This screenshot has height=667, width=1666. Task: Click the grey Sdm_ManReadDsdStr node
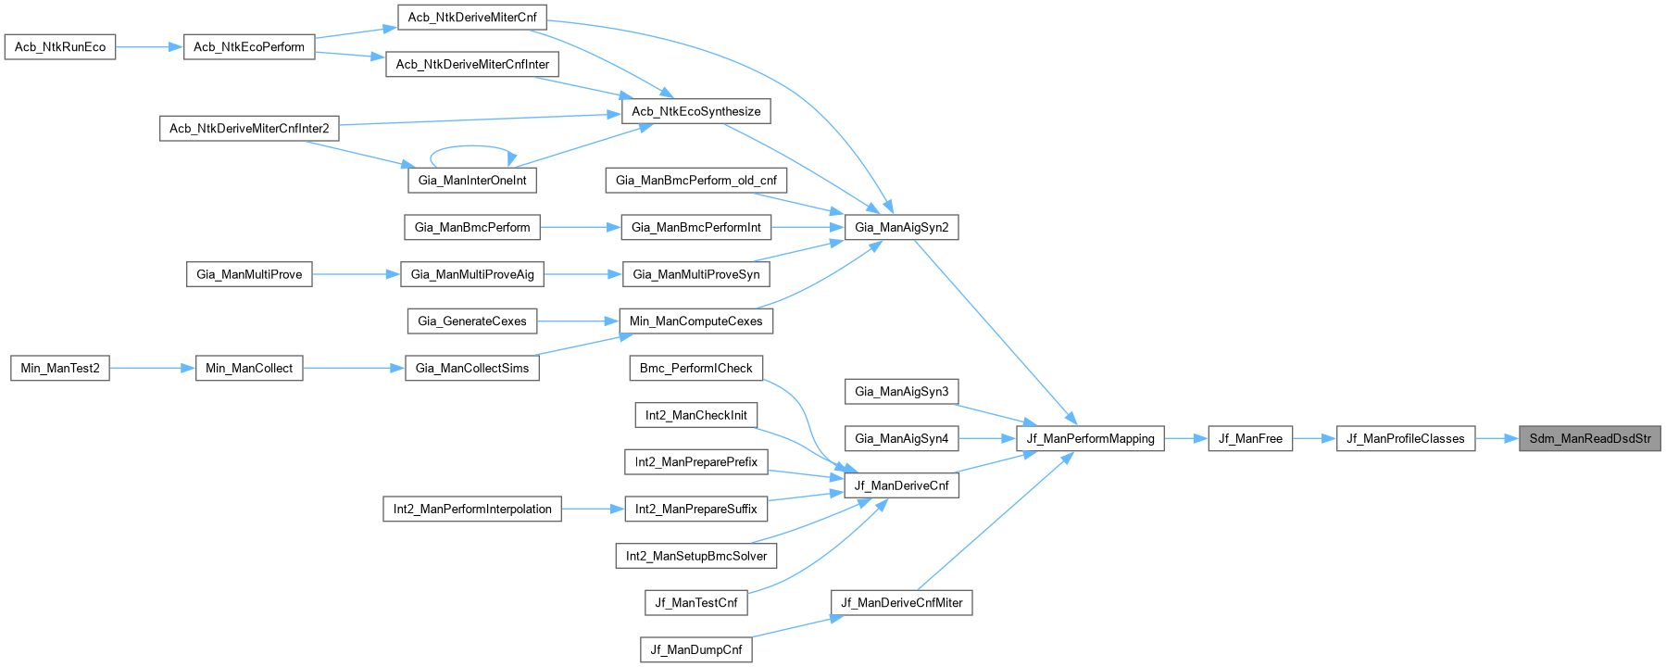point(1589,438)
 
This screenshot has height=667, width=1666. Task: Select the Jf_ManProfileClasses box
point(1405,438)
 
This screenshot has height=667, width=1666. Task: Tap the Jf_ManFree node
point(1250,438)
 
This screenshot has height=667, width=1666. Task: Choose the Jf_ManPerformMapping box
point(1090,438)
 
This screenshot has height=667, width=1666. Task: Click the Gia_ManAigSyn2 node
point(901,227)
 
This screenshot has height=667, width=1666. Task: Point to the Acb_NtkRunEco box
point(60,46)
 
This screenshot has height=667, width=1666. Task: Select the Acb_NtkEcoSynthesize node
point(695,111)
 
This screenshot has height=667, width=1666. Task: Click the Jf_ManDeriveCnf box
point(901,485)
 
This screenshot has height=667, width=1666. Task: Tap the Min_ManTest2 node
point(60,368)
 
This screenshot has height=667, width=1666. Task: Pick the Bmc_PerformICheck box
point(695,368)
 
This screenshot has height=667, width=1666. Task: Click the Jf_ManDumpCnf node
point(695,649)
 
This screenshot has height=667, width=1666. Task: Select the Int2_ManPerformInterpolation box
point(471,509)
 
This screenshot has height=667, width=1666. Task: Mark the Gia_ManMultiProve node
point(249,274)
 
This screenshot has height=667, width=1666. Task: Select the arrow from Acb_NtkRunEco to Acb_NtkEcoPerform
point(149,46)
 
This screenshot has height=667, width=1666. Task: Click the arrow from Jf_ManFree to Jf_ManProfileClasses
point(1314,438)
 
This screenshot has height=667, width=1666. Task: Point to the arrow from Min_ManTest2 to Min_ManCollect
point(153,368)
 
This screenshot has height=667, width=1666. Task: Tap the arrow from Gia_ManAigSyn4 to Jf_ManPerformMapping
point(987,438)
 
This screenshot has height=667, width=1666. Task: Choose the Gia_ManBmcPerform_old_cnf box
point(695,180)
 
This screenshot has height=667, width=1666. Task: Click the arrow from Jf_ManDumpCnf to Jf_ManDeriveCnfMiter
point(792,627)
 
